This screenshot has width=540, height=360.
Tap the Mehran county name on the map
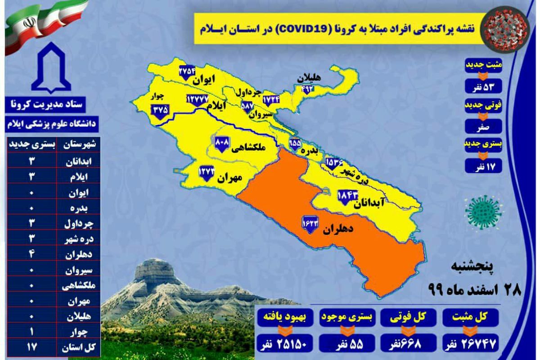click(230, 178)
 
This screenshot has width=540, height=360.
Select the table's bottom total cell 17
click(30, 347)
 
